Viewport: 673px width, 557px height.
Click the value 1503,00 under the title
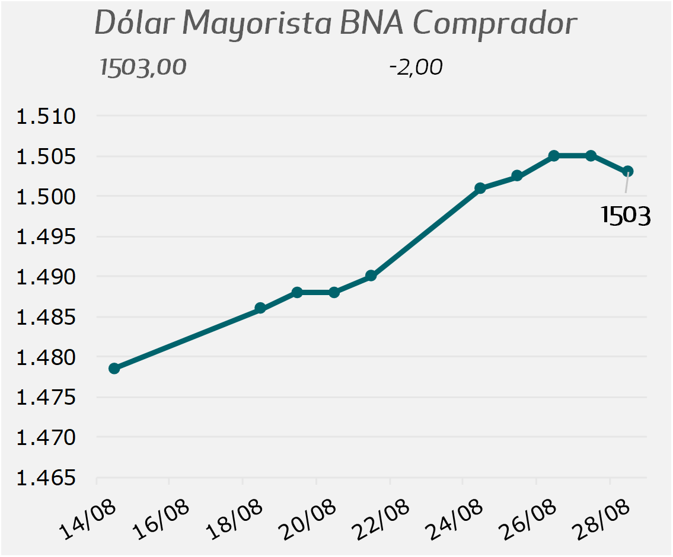[143, 68]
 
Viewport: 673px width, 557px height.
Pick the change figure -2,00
[416, 68]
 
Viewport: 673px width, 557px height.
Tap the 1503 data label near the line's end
[626, 215]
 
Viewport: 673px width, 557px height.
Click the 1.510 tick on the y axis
[46, 116]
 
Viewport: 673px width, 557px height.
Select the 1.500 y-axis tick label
[46, 197]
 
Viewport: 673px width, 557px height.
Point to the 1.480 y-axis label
[46, 357]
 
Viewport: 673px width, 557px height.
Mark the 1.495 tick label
[46, 236]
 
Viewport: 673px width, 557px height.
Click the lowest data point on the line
[114, 369]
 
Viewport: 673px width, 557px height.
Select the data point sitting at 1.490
[371, 276]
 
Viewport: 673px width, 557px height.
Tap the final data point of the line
[627, 171]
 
